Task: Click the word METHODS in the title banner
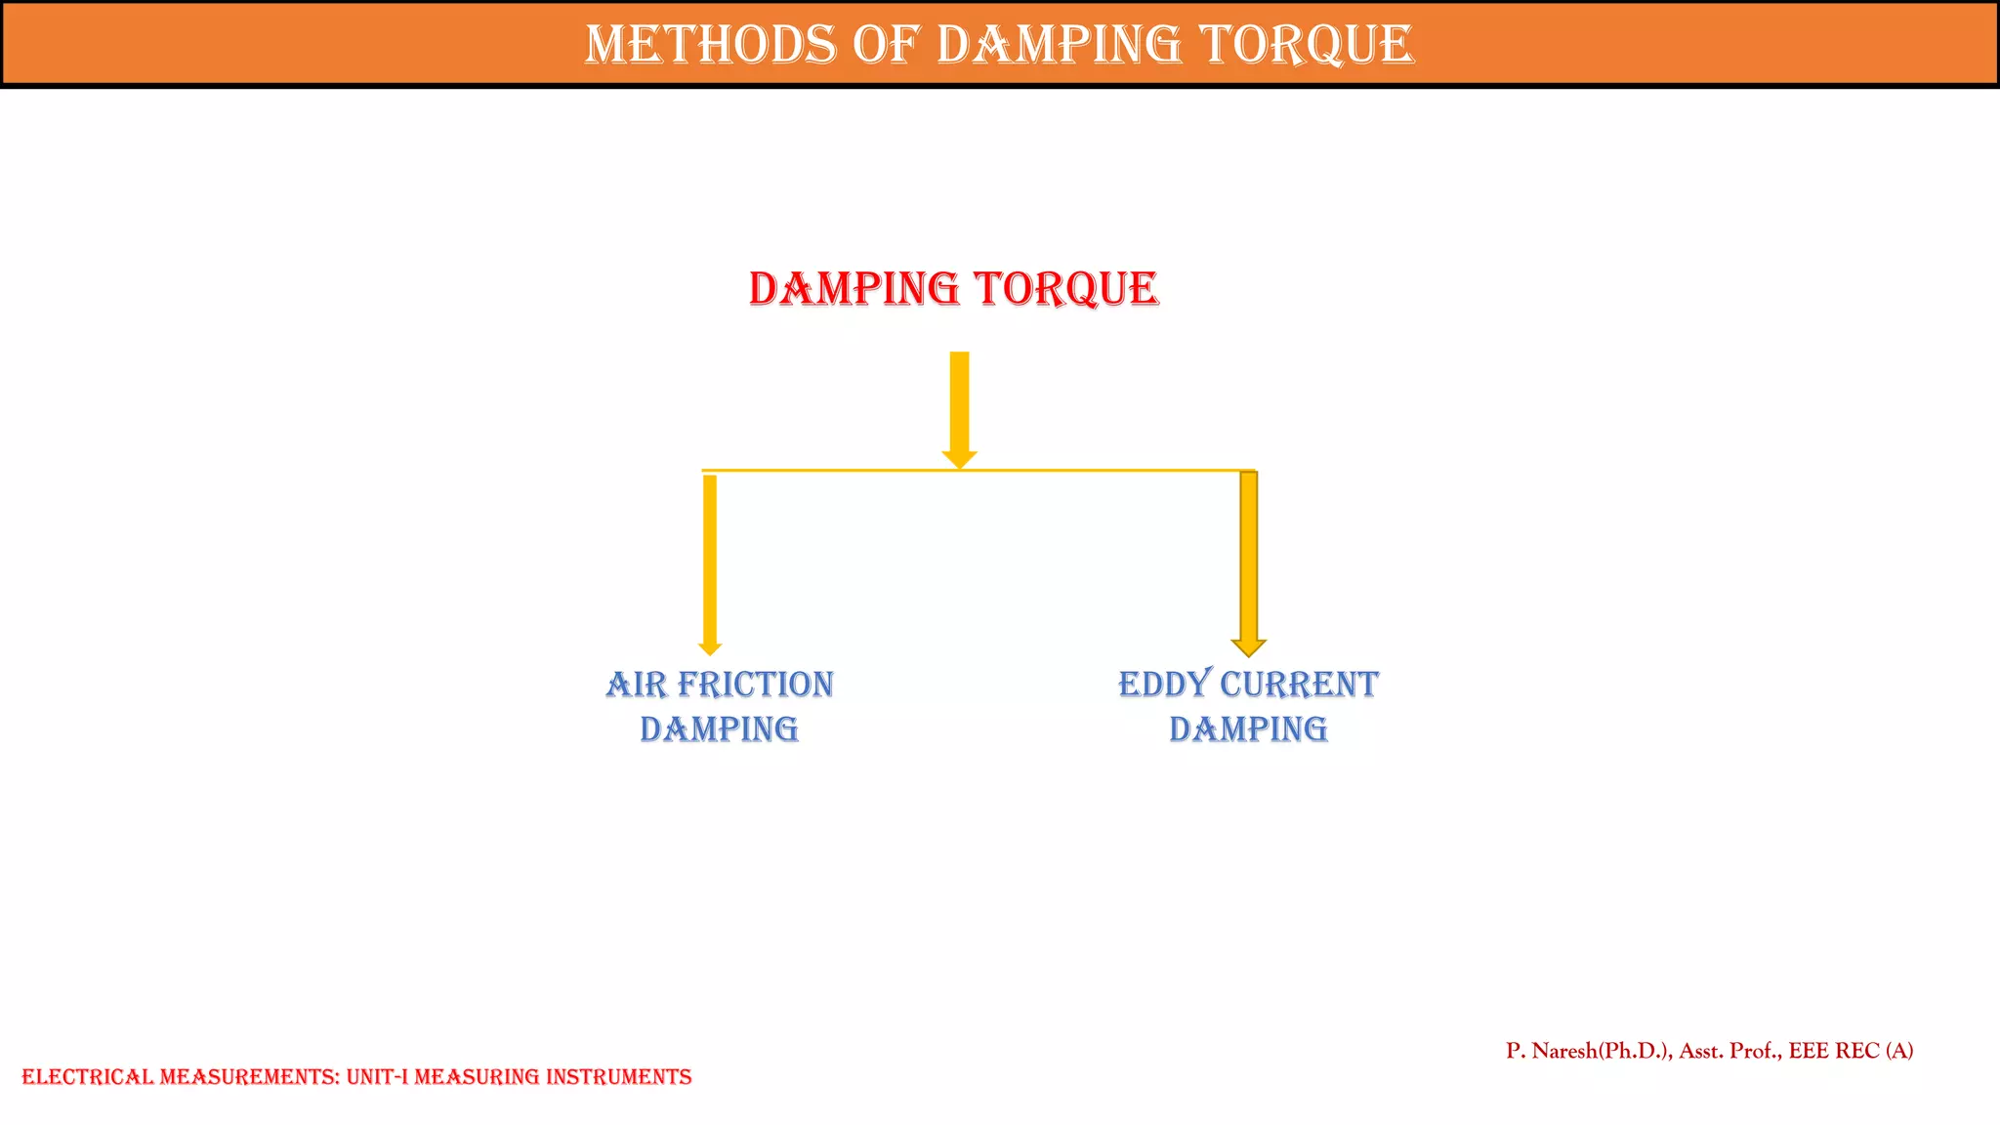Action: [710, 45]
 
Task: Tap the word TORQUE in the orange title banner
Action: [1306, 45]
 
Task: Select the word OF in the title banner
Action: [887, 45]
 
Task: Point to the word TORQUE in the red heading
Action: [1066, 289]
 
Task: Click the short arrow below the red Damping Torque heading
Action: [959, 405]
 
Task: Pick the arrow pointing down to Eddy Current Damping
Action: [1248, 557]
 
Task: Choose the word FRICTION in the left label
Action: [755, 685]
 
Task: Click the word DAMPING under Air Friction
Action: [719, 729]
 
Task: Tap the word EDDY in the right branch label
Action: [1164, 685]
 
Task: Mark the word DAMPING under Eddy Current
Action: [1248, 729]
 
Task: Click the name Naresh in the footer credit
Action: [1564, 1051]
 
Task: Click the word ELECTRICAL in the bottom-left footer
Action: [88, 1077]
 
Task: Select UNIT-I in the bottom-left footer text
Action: [377, 1077]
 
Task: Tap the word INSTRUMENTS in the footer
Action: [618, 1077]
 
